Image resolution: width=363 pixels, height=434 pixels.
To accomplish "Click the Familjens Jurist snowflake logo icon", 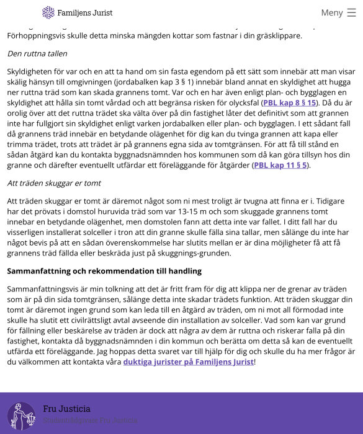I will point(48,12).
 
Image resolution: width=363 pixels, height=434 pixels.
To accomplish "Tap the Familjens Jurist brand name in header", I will point(85,12).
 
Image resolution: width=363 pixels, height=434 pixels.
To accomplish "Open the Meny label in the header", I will point(332,12).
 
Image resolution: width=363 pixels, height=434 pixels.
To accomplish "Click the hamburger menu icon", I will point(352,12).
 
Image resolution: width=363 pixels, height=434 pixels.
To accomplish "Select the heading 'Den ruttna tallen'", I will point(37,54).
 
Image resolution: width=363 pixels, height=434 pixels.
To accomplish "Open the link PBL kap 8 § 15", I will point(289,103).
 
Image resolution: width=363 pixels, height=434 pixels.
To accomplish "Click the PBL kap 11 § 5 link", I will point(280,166).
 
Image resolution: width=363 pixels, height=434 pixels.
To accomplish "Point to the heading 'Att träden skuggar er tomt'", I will point(53,184).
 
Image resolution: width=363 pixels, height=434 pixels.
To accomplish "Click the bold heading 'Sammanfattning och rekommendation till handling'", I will point(104,272).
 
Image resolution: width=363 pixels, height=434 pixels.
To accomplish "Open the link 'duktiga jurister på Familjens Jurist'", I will point(188,362).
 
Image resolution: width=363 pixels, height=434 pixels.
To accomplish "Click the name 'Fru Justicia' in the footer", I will point(66,409).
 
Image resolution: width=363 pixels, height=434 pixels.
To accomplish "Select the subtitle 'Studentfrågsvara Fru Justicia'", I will point(90,420).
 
